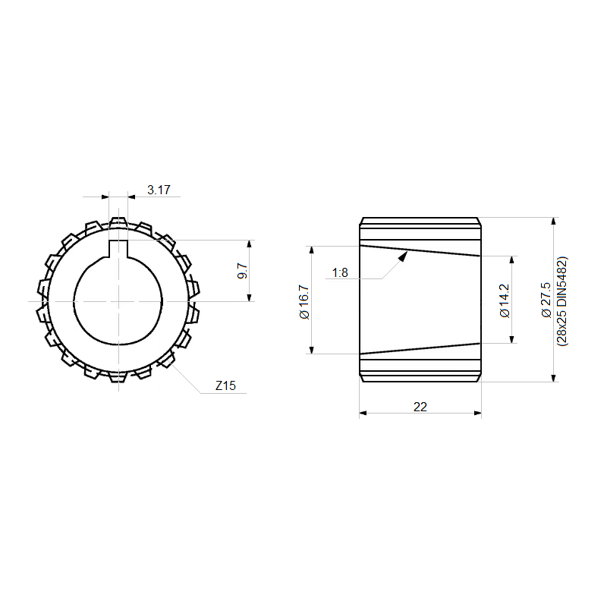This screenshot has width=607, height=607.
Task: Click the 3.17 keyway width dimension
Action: pyautogui.click(x=159, y=190)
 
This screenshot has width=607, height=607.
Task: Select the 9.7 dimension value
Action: pyautogui.click(x=243, y=271)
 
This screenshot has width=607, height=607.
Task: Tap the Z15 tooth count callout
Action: pyautogui.click(x=225, y=385)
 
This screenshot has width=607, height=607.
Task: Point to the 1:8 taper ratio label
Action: pyautogui.click(x=340, y=273)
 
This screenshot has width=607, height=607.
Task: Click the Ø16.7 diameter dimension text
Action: pyautogui.click(x=305, y=302)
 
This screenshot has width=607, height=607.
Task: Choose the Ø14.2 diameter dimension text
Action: pyautogui.click(x=505, y=300)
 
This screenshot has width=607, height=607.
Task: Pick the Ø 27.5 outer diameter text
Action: pyautogui.click(x=546, y=300)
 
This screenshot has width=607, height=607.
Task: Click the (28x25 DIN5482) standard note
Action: pyautogui.click(x=561, y=300)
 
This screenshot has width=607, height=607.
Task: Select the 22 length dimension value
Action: pyautogui.click(x=420, y=407)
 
